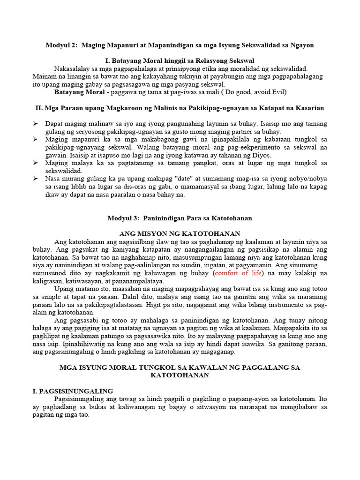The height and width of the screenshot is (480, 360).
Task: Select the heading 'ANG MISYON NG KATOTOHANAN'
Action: (x=180, y=233)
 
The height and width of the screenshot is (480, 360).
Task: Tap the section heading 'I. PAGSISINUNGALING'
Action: (x=74, y=391)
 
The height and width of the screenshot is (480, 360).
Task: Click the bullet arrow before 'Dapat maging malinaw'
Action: (x=36, y=124)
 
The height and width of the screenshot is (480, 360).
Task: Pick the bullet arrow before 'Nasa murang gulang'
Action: (x=36, y=179)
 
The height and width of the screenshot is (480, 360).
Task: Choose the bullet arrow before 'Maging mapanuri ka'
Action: (x=36, y=140)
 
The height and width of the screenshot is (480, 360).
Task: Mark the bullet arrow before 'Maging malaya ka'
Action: (x=36, y=163)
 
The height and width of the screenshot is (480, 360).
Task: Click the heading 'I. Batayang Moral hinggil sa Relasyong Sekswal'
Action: (x=180, y=60)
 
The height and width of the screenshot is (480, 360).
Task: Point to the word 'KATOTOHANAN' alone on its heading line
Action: (x=180, y=375)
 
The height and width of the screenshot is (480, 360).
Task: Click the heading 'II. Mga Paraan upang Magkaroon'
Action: (x=180, y=108)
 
